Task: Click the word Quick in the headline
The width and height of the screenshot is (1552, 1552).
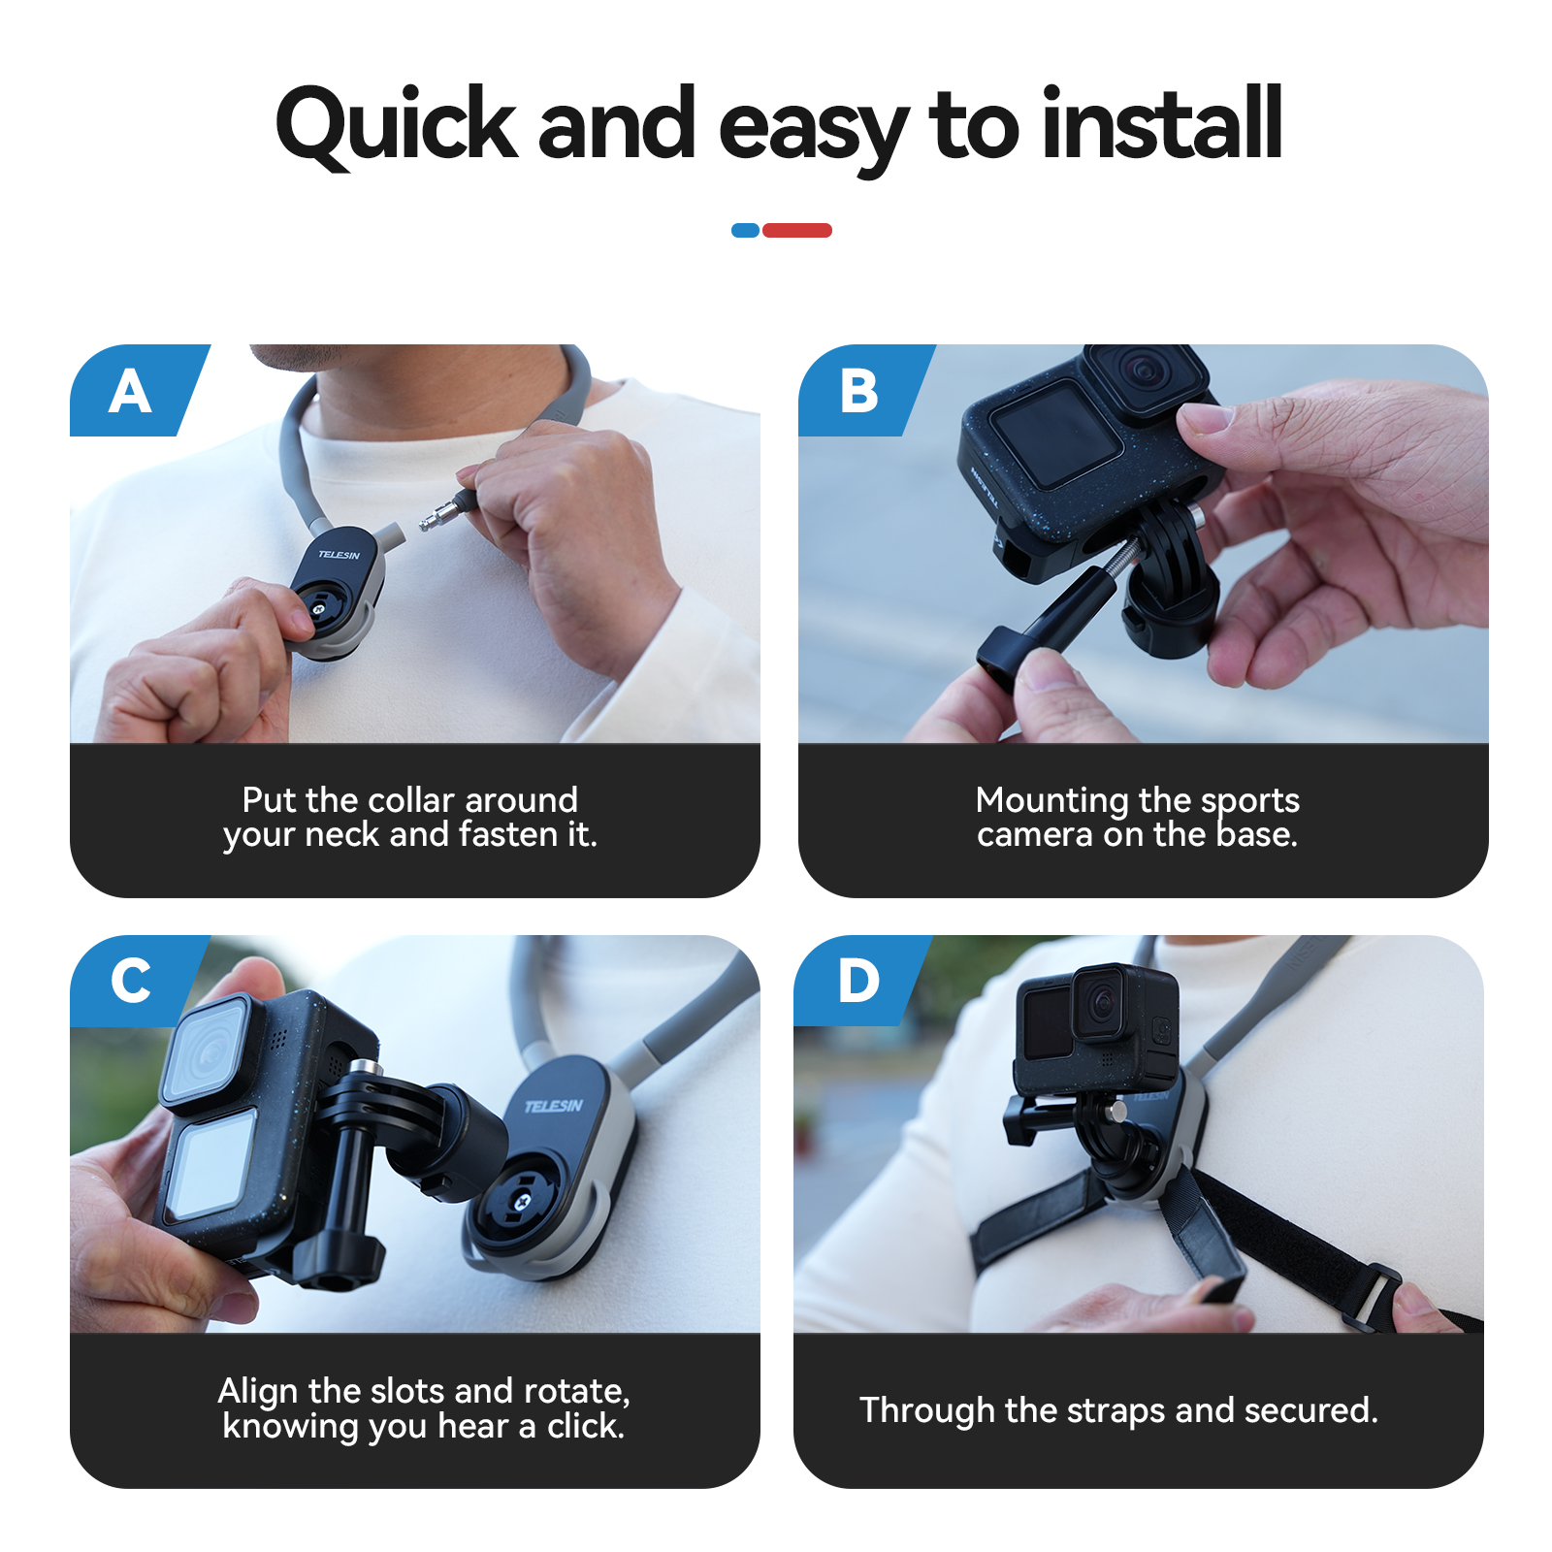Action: click(397, 126)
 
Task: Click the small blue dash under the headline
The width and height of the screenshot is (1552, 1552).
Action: click(745, 230)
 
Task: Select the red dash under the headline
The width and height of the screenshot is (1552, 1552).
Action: click(797, 230)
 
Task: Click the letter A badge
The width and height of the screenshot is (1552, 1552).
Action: click(131, 391)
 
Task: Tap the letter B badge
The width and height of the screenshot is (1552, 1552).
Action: click(859, 391)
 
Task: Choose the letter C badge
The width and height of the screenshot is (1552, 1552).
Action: click(131, 981)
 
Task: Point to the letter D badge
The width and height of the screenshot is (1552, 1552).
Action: click(859, 981)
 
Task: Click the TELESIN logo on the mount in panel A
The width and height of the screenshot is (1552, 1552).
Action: click(339, 554)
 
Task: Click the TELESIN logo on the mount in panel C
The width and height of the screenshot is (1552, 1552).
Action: click(554, 1106)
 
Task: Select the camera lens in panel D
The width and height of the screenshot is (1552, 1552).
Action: click(1104, 1002)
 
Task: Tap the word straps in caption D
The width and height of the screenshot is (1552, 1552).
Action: click(1115, 1411)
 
